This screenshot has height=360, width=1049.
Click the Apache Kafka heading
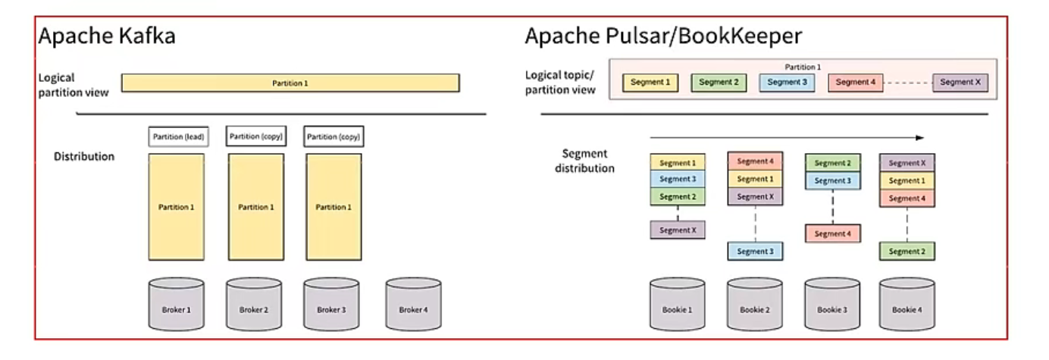[107, 36]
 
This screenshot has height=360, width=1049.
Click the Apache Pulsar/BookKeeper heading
[663, 36]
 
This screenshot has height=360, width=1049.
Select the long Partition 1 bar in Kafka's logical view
[290, 83]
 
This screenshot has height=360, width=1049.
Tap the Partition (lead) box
[176, 137]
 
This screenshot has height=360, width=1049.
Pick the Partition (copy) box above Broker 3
[333, 137]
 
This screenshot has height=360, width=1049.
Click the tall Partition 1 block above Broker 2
[255, 207]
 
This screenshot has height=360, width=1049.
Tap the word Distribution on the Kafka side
[84, 157]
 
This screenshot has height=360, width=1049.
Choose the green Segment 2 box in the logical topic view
[719, 83]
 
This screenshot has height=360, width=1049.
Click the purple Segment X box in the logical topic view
[960, 83]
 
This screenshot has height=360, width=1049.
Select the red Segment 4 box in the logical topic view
[856, 83]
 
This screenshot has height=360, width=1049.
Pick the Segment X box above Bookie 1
[678, 230]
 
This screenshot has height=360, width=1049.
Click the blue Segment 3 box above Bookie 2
[755, 251]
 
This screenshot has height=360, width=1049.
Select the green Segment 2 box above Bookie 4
[907, 251]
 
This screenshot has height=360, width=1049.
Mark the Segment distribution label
[584, 161]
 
